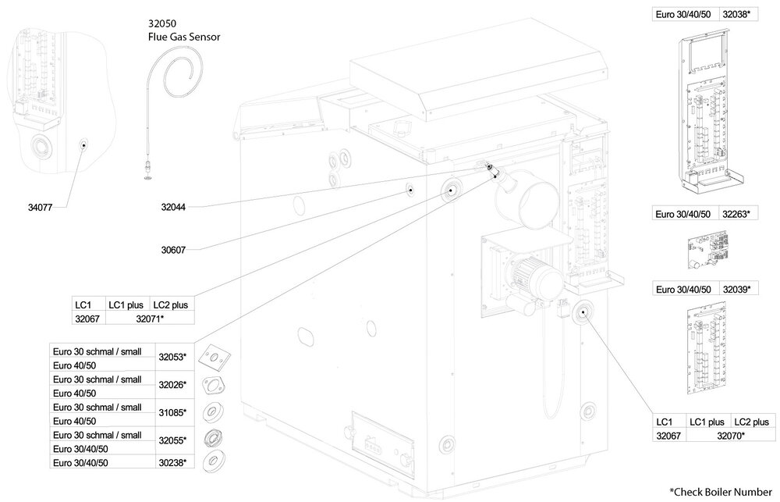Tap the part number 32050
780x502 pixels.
click(x=159, y=23)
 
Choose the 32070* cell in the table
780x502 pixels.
click(x=732, y=435)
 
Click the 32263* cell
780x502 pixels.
click(x=736, y=213)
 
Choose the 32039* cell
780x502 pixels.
click(x=736, y=289)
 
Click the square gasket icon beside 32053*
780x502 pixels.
click(x=211, y=356)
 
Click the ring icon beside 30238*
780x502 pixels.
click(x=211, y=461)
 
